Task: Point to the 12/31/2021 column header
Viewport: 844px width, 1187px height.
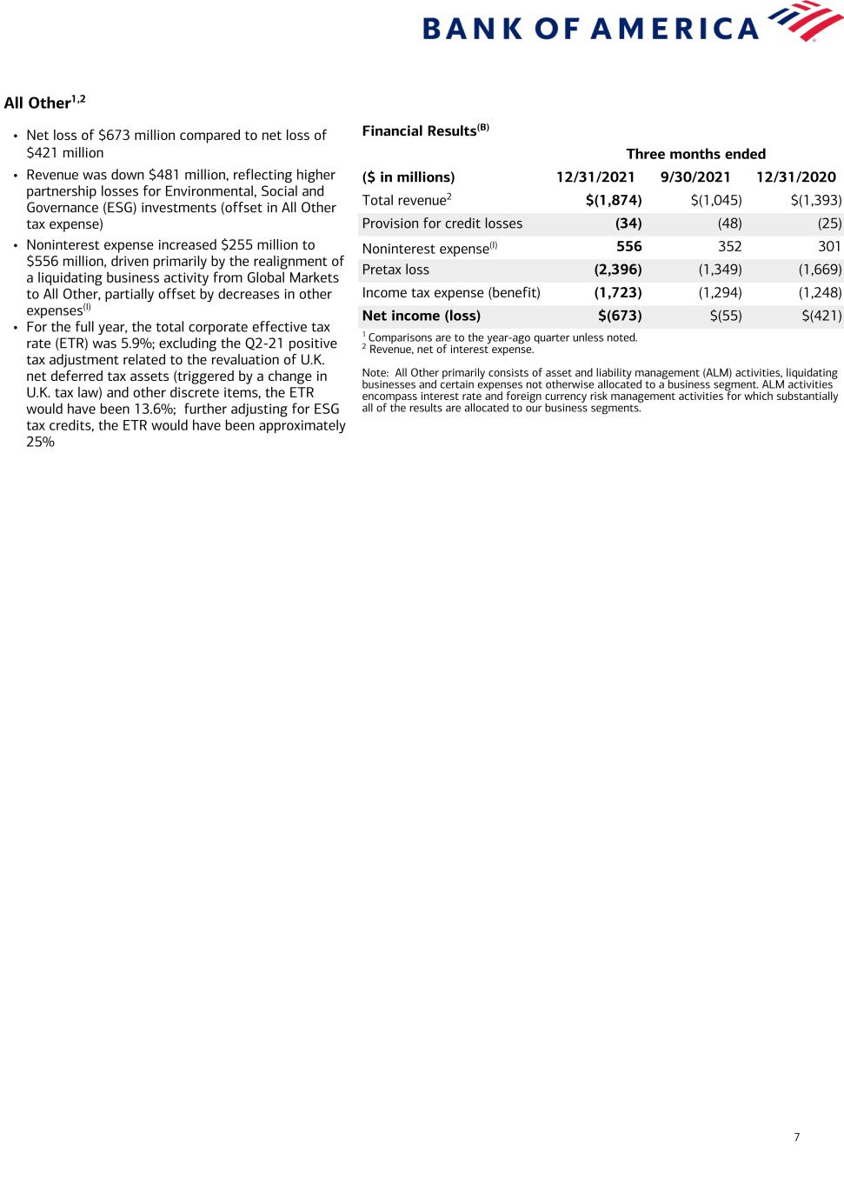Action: tap(595, 177)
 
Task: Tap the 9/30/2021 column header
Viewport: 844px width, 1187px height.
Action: tap(695, 177)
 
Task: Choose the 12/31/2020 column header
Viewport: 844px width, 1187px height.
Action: tap(796, 177)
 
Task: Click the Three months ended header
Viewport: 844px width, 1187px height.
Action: tap(695, 154)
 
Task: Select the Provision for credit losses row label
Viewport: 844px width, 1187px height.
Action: tap(442, 223)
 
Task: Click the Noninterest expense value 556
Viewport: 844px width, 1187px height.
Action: tap(628, 246)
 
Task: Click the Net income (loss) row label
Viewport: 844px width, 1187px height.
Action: tap(421, 316)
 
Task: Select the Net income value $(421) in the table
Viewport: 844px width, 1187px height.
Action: tap(821, 316)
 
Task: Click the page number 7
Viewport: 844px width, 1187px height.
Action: tap(797, 1137)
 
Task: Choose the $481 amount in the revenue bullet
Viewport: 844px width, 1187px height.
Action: tap(167, 175)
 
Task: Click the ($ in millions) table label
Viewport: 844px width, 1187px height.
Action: tap(409, 177)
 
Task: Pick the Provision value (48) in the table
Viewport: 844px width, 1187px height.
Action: tap(729, 223)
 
